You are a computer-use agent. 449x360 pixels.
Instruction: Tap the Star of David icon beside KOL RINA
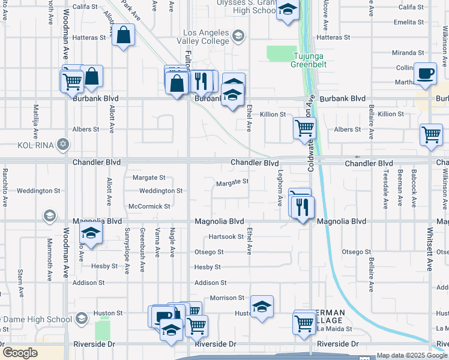click(62, 145)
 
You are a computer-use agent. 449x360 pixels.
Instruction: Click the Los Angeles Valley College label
click(206, 37)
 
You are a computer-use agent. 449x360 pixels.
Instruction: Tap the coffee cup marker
click(426, 73)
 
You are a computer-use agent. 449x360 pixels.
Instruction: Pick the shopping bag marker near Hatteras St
click(123, 35)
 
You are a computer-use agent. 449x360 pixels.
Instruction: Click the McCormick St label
click(150, 206)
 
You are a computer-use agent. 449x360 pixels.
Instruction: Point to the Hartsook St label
click(226, 237)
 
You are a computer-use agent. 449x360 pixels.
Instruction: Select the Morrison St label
click(227, 298)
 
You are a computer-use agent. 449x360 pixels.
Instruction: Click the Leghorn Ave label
click(280, 187)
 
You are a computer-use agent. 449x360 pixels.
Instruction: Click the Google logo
click(20, 353)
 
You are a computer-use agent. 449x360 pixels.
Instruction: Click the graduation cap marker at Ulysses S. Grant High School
click(288, 11)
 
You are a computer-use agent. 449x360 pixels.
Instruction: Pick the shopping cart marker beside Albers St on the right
click(431, 135)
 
